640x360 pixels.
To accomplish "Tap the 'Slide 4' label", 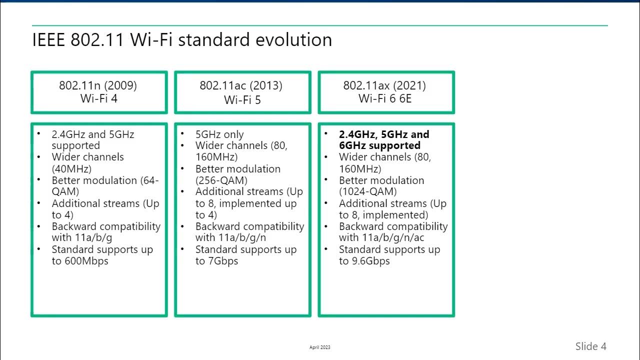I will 590,346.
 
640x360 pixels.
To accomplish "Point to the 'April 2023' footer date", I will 320,347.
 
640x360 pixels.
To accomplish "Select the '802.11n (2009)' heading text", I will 98,85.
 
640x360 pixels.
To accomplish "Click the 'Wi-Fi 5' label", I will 242,99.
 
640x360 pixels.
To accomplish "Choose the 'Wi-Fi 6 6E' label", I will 385,98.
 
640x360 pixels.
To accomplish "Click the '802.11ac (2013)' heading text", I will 241,85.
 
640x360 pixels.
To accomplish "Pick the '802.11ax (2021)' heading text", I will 384,85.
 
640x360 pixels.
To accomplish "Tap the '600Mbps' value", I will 86,261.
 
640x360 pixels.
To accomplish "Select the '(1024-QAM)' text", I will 367,191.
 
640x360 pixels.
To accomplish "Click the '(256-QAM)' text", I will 221,180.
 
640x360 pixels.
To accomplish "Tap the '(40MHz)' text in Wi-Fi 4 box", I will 71,168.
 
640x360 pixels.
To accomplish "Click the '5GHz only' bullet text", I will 219,134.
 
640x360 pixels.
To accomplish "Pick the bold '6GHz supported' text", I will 379,145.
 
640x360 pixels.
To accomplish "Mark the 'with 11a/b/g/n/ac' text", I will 381,237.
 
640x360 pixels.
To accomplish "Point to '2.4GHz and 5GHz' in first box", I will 93,134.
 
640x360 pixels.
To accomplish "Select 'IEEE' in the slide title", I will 48,40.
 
